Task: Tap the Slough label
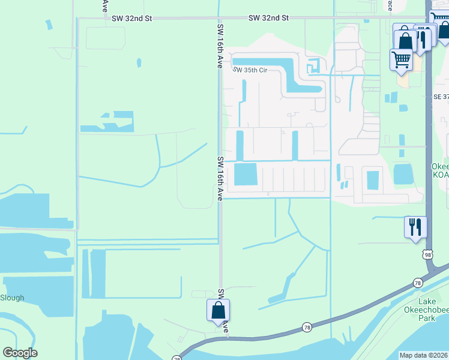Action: pos(12,298)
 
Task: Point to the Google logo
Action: pos(20,353)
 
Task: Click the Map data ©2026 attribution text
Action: pos(423,355)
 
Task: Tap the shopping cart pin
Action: pos(401,59)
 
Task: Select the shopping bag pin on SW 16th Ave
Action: pos(218,310)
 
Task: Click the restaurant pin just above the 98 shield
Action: pos(415,227)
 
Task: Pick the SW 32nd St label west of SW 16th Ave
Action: pos(131,19)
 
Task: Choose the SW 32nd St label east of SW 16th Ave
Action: pos(268,18)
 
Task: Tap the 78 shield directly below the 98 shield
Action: pos(417,282)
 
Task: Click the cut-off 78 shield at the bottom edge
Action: pos(176,358)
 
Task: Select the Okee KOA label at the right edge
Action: pos(440,170)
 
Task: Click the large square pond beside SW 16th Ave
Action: pos(245,175)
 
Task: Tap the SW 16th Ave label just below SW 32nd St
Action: pos(220,46)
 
